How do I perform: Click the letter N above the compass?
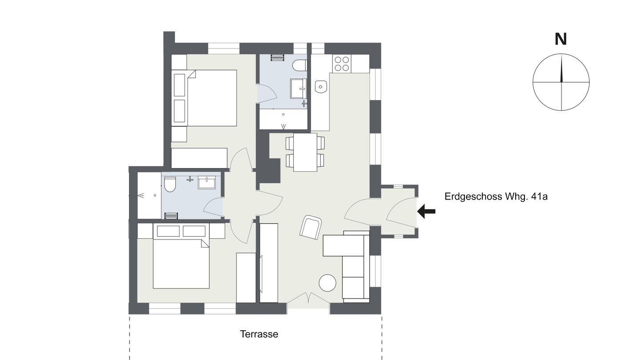tap(560, 40)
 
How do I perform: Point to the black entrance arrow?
tap(426, 212)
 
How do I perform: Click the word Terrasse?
tap(259, 334)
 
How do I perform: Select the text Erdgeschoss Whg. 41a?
tap(496, 196)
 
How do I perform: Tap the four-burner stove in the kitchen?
tap(342, 64)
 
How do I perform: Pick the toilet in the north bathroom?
tap(300, 65)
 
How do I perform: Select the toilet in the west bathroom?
tap(170, 184)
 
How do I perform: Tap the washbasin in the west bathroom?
tap(207, 183)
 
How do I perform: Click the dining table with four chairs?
tap(305, 152)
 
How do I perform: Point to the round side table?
tap(328, 283)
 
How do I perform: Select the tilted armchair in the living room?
tap(311, 227)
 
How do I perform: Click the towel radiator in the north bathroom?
tap(278, 57)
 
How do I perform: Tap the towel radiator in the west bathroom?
tap(172, 216)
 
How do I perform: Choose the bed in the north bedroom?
tap(204, 98)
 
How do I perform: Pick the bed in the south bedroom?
tap(181, 256)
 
